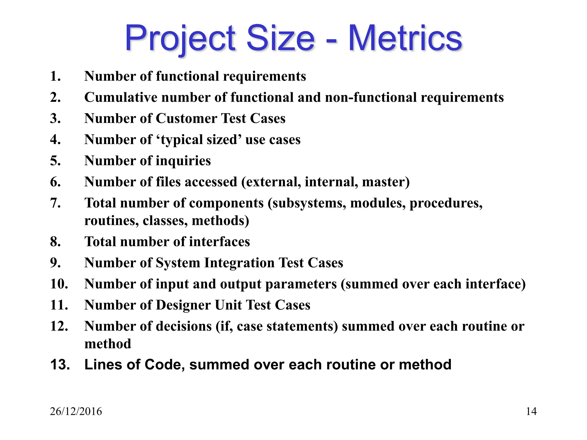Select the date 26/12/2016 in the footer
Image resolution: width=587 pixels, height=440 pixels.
pos(76,411)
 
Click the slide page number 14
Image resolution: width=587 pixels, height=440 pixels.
pos(531,411)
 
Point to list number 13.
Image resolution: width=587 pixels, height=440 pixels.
pos(60,365)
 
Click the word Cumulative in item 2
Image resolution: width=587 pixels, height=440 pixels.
pos(121,97)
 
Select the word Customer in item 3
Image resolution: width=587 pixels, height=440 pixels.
pos(186,119)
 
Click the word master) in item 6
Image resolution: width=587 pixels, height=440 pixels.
pos(386,182)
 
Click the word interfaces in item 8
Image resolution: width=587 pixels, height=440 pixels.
pos(219,242)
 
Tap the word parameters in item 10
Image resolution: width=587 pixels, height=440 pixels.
pos(301,284)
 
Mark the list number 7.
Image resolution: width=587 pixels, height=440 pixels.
pos(55,203)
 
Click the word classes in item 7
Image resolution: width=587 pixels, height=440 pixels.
pos(165,221)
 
